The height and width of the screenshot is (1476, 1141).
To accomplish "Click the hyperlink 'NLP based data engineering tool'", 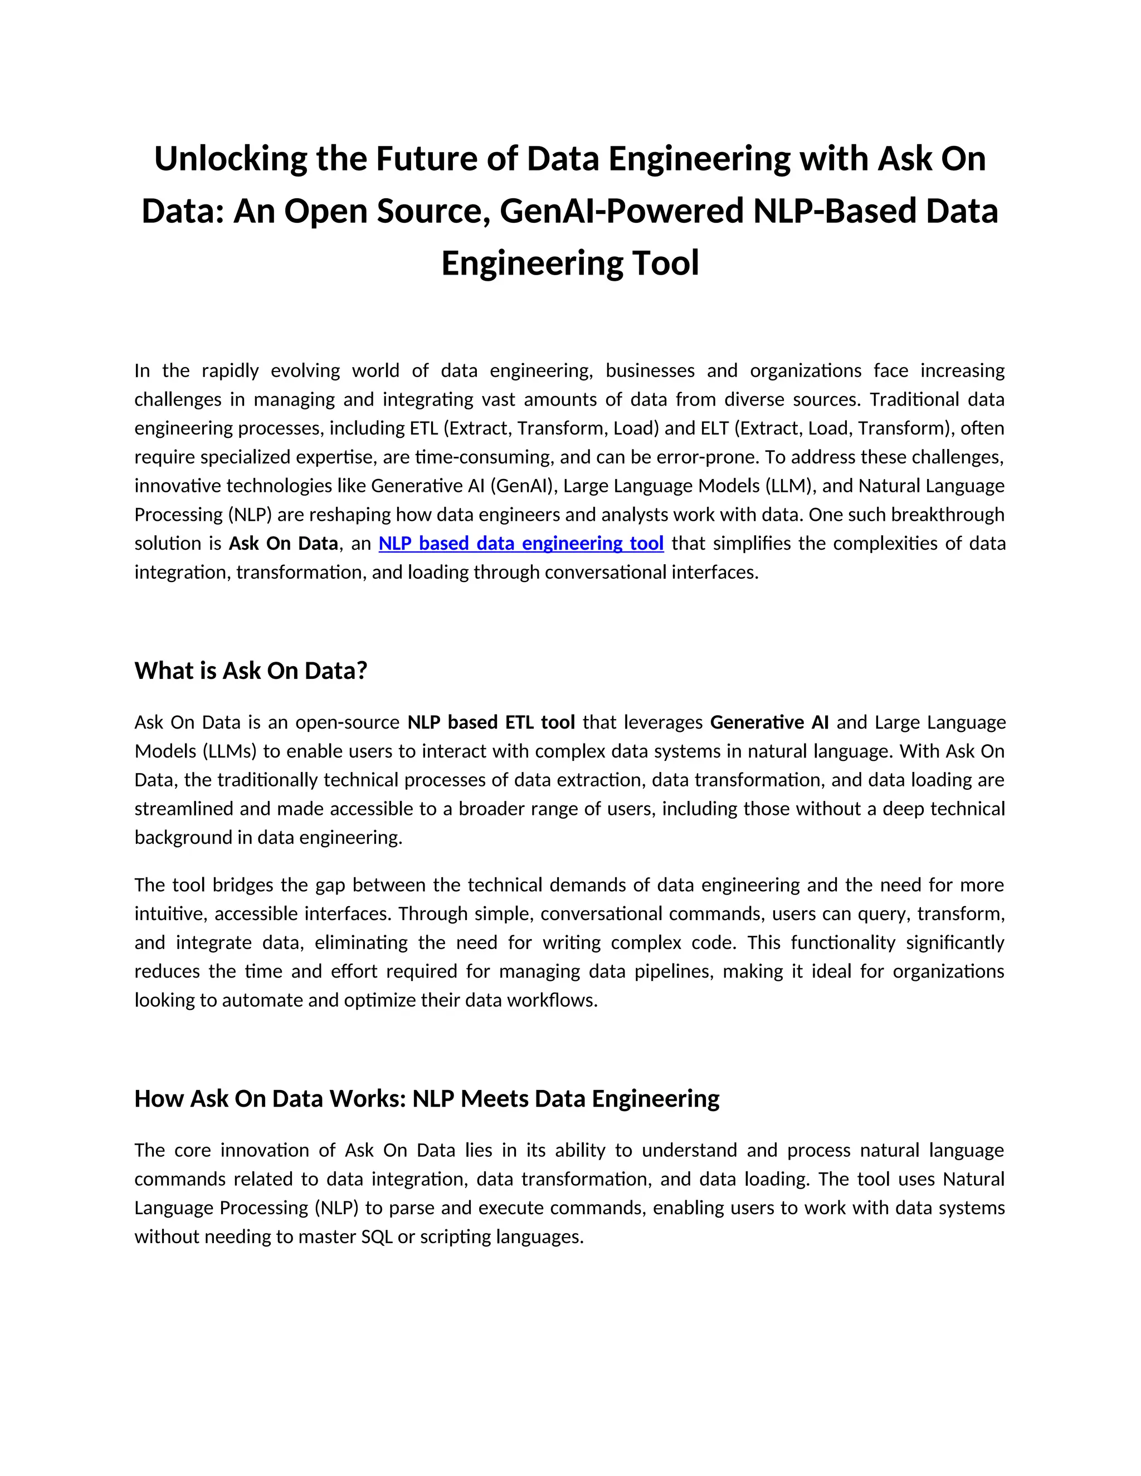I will [520, 544].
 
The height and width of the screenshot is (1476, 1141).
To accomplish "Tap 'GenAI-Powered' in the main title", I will [621, 212].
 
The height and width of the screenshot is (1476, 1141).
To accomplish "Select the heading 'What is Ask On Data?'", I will [251, 671].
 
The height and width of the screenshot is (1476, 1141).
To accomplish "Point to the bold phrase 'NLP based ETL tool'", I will [491, 722].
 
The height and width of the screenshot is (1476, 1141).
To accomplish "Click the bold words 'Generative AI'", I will [769, 722].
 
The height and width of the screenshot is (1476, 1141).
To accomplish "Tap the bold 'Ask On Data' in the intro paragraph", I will [283, 544].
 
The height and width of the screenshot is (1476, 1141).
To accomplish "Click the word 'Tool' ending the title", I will [665, 263].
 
